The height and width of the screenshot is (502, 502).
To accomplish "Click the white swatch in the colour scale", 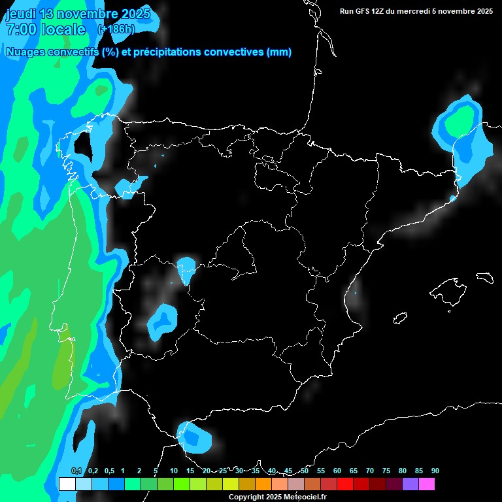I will coord(67,484).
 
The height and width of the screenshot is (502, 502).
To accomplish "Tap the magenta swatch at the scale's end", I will coord(426,484).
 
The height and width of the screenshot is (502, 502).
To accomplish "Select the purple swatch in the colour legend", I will coord(410,484).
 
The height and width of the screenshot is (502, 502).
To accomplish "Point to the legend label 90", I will coord(435,471).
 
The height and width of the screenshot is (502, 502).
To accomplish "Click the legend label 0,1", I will coord(76,471).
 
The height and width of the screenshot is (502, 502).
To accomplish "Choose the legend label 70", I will coord(369,471).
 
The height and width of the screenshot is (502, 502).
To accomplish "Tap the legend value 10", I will coord(173,471).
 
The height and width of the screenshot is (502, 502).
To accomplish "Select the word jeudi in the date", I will coord(22,14).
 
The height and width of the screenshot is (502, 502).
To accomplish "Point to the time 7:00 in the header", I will coord(20,29).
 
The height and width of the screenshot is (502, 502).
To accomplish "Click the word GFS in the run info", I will coord(365,11).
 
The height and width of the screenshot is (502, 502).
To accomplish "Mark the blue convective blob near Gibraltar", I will coord(195,437).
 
